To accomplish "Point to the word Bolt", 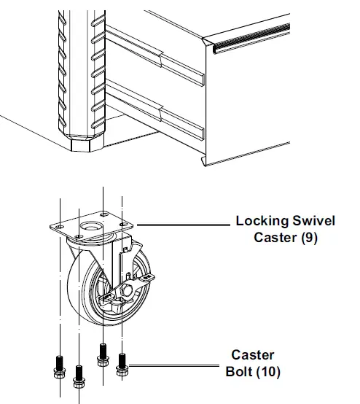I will (x=241, y=372).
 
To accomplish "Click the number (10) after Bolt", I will (x=269, y=372).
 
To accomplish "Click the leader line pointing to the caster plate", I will (x=182, y=224).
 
